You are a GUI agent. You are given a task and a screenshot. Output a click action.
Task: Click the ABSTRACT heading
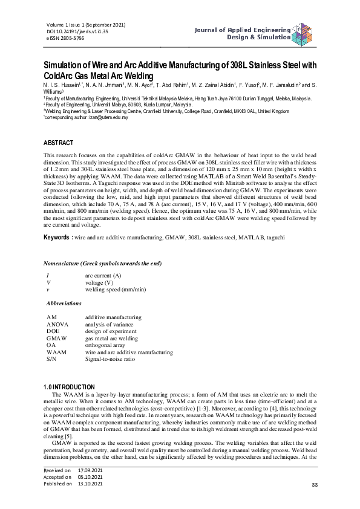(59, 143)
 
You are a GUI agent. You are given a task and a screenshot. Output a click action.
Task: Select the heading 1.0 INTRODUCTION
(70, 386)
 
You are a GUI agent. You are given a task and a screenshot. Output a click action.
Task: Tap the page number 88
(314, 485)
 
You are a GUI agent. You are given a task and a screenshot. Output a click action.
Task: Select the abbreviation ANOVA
(57, 323)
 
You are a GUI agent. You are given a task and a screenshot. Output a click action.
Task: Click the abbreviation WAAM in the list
(56, 351)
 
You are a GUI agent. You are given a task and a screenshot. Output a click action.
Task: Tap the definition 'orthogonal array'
(107, 345)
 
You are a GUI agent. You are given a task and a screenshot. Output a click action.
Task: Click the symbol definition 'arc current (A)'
(103, 276)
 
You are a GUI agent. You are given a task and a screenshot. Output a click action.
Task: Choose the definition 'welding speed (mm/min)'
(115, 290)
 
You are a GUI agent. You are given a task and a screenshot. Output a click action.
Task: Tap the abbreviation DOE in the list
(53, 331)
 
